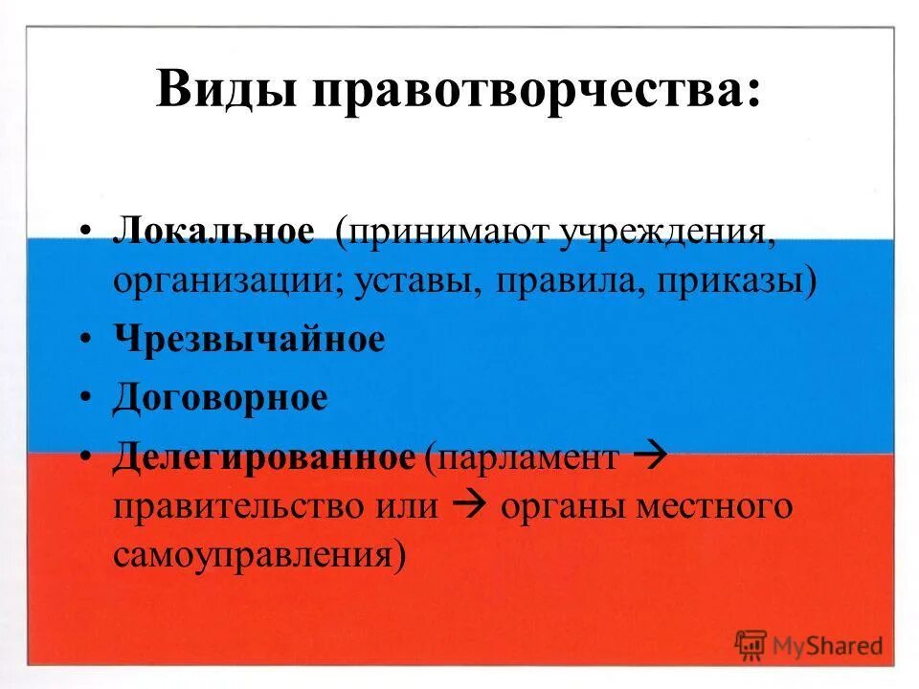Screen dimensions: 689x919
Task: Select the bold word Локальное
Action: [x=213, y=233]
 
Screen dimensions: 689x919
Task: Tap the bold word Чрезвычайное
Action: [x=249, y=339]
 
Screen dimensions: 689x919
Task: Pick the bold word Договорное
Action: [x=220, y=398]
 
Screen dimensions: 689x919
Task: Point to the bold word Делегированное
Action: [x=263, y=457]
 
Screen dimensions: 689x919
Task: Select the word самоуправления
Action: [x=254, y=556]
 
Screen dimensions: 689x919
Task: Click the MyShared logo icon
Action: [x=751, y=644]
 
